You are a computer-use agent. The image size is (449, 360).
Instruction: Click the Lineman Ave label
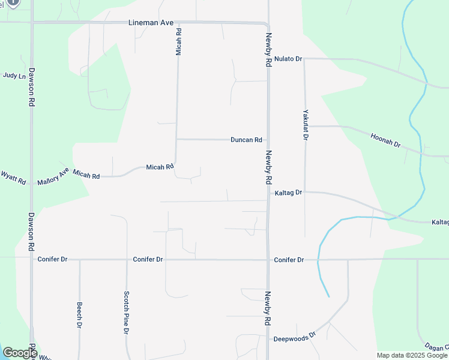[151, 23]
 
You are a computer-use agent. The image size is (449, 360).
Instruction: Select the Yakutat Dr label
[305, 124]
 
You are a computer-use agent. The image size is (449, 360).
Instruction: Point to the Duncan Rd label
[246, 140]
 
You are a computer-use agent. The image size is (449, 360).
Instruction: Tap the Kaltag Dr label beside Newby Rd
[288, 193]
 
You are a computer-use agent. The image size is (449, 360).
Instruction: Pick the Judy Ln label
[14, 76]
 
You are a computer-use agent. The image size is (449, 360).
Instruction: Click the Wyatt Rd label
[13, 177]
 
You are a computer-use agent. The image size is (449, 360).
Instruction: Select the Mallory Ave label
[53, 176]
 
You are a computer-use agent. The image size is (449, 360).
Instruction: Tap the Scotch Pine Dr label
[127, 313]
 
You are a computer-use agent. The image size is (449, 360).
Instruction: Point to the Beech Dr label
[79, 315]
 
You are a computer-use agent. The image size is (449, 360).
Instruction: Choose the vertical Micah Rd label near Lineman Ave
[178, 41]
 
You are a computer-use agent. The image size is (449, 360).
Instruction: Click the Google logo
[20, 353]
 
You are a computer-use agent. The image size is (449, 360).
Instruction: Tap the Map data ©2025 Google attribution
[412, 355]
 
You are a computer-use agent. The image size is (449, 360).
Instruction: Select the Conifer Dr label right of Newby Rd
[289, 260]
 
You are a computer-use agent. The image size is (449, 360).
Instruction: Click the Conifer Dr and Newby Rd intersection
[268, 260]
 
